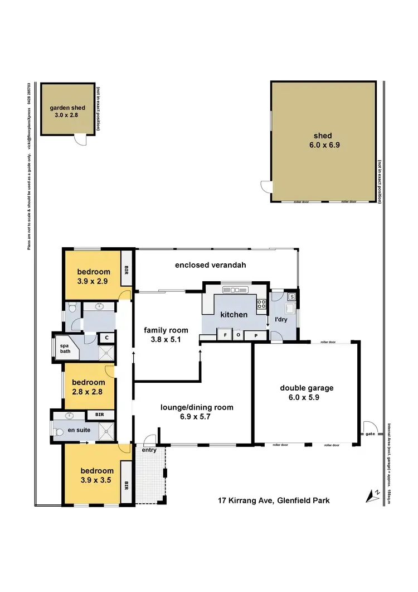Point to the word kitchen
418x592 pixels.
click(234, 315)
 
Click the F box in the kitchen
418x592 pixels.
click(225, 335)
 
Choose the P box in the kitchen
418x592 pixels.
click(256, 335)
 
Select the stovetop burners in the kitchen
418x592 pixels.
click(260, 305)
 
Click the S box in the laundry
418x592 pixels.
click(291, 296)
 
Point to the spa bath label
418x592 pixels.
click(65, 348)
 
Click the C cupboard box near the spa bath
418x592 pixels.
click(106, 338)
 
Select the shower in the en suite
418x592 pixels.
click(106, 430)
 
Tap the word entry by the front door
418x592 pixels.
click(149, 450)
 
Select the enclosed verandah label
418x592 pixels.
click(210, 265)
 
